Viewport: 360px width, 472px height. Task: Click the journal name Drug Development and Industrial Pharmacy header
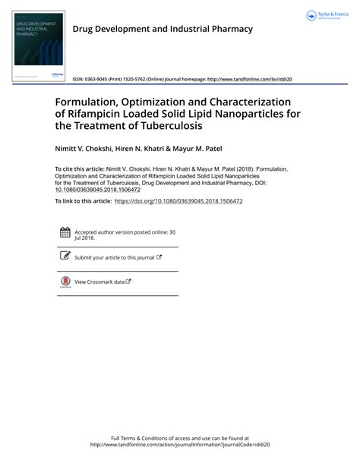162,29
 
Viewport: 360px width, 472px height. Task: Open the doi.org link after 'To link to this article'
178,201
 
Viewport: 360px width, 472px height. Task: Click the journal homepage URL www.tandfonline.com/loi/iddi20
250,79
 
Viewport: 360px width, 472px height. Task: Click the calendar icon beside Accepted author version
65,233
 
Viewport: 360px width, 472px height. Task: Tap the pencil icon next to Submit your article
65,256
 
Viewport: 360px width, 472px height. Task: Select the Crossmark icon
65,282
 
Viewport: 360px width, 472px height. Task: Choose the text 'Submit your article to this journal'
115,257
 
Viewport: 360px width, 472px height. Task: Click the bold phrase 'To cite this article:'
79,169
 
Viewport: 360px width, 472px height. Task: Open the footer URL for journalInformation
180,445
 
